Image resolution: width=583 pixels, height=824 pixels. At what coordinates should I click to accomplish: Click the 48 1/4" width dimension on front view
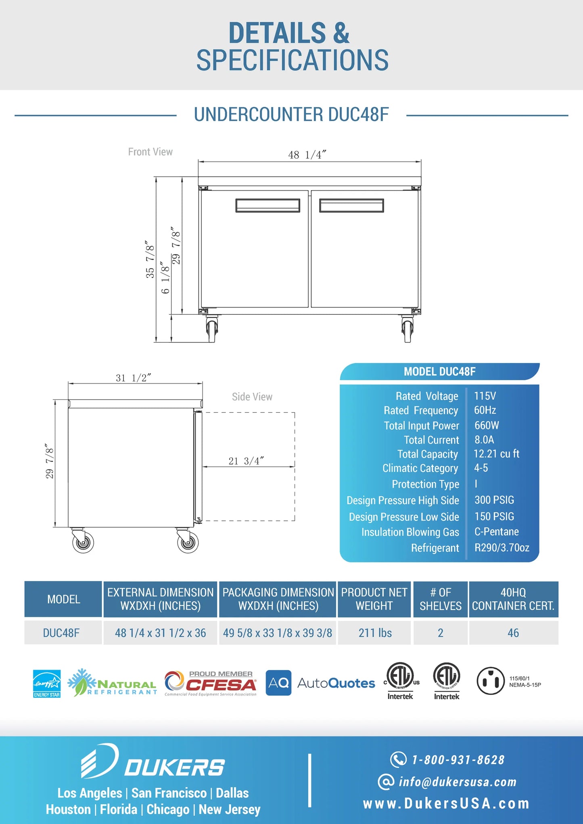[307, 155]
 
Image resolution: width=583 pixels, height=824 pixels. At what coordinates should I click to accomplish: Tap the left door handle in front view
[267, 205]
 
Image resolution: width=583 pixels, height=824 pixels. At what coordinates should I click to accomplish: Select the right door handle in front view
[351, 205]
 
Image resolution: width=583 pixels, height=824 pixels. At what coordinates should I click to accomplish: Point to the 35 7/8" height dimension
[150, 259]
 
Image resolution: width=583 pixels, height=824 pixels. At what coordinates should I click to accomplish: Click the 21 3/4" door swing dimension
[246, 461]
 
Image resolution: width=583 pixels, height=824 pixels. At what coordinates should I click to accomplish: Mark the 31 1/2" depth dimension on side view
[133, 378]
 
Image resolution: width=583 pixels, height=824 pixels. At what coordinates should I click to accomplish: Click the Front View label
[150, 152]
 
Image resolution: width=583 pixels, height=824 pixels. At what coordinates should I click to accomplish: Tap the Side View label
[252, 397]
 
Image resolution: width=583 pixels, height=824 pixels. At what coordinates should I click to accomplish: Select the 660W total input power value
[487, 425]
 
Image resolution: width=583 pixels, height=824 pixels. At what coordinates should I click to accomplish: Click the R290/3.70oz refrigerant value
[502, 547]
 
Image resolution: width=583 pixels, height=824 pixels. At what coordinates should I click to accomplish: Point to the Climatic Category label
[420, 468]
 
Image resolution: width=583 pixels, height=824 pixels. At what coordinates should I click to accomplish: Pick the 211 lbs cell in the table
[375, 633]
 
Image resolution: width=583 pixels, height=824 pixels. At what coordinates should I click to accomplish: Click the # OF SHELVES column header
[440, 599]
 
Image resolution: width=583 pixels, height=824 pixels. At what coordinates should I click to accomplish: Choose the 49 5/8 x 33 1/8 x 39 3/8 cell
[278, 633]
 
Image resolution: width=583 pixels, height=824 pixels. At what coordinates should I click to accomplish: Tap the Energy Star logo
[47, 683]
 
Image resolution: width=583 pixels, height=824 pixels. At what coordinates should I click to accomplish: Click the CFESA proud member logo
[211, 683]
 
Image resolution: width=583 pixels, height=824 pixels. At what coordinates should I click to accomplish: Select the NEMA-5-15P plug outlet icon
[491, 681]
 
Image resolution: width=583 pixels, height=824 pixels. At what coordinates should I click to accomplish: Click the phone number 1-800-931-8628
[458, 760]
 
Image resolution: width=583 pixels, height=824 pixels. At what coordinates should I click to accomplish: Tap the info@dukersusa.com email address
[457, 782]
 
